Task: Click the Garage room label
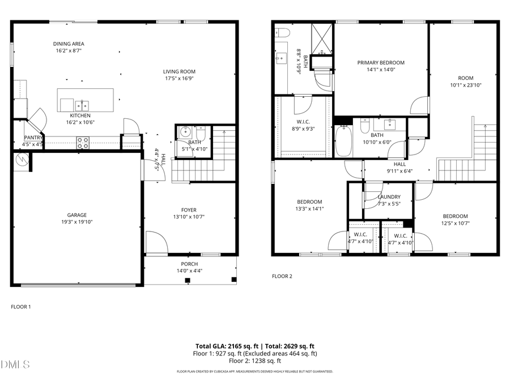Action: point(76,215)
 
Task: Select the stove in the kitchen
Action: point(83,143)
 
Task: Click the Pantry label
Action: point(33,138)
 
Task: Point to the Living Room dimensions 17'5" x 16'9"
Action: point(179,79)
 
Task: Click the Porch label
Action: point(189,264)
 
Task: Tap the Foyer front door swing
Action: point(156,242)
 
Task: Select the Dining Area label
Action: point(69,44)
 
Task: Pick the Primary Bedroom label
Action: point(381,63)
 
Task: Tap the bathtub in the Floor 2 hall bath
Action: point(344,141)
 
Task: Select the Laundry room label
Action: point(389,197)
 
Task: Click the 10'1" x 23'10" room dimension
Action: point(465,86)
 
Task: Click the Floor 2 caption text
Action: point(282,277)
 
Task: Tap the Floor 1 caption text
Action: point(21,307)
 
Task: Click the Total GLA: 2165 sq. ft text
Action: point(225,346)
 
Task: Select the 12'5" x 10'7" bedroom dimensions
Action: point(455,223)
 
